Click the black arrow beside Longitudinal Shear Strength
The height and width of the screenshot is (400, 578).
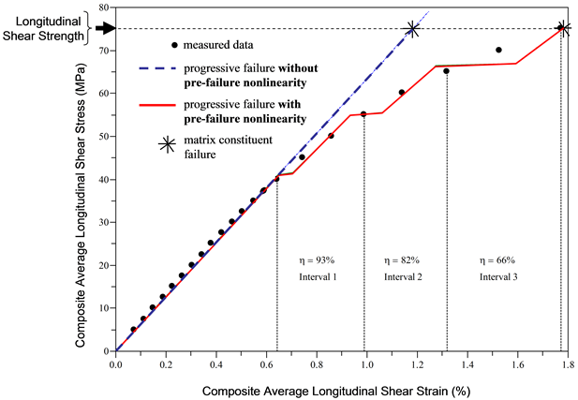pos(106,28)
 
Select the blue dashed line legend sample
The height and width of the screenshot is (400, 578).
pos(158,69)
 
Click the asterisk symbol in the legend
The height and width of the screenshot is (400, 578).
pos(167,144)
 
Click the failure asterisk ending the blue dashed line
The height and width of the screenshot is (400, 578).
pos(412,30)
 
